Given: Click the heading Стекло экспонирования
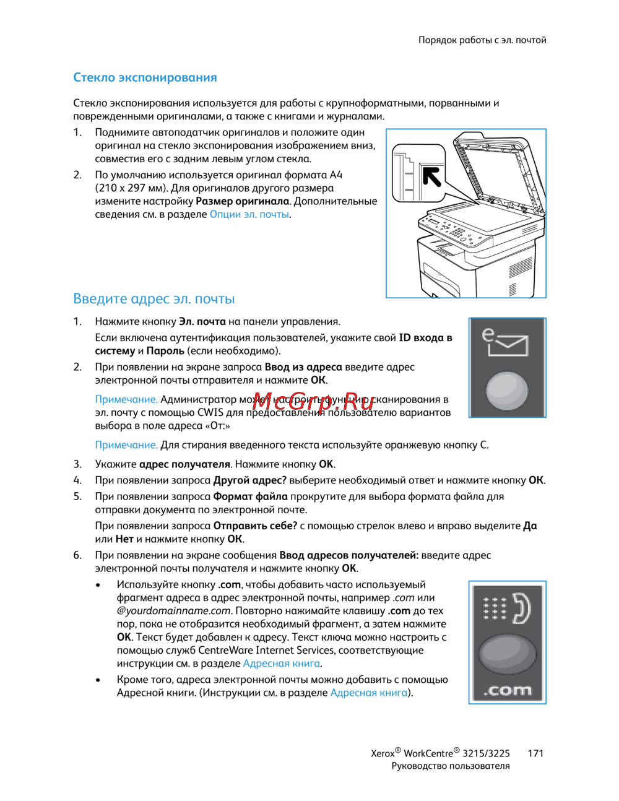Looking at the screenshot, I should pos(145,77).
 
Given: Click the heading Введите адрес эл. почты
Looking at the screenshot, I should pos(154,299).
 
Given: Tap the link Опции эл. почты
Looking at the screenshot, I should pos(249,214).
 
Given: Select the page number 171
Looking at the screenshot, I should pos(535,753).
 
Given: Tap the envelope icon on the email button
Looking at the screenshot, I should pos(506,342).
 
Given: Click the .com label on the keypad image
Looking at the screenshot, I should pos(507,690).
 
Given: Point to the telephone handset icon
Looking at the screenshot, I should pos(521,609).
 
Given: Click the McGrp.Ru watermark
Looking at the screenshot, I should pos(313,402).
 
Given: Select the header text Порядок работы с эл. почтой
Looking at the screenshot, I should pos(482,40).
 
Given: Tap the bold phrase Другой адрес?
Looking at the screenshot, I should pos(250,480).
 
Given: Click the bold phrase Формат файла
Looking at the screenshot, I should pos(251,496).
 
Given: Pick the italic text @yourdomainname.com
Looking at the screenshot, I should pos(173,611).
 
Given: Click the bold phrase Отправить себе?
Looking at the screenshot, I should pos(255,526).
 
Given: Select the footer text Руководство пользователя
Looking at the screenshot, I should pos(451,766).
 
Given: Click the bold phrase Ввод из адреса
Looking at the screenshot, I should pos(303,367).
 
